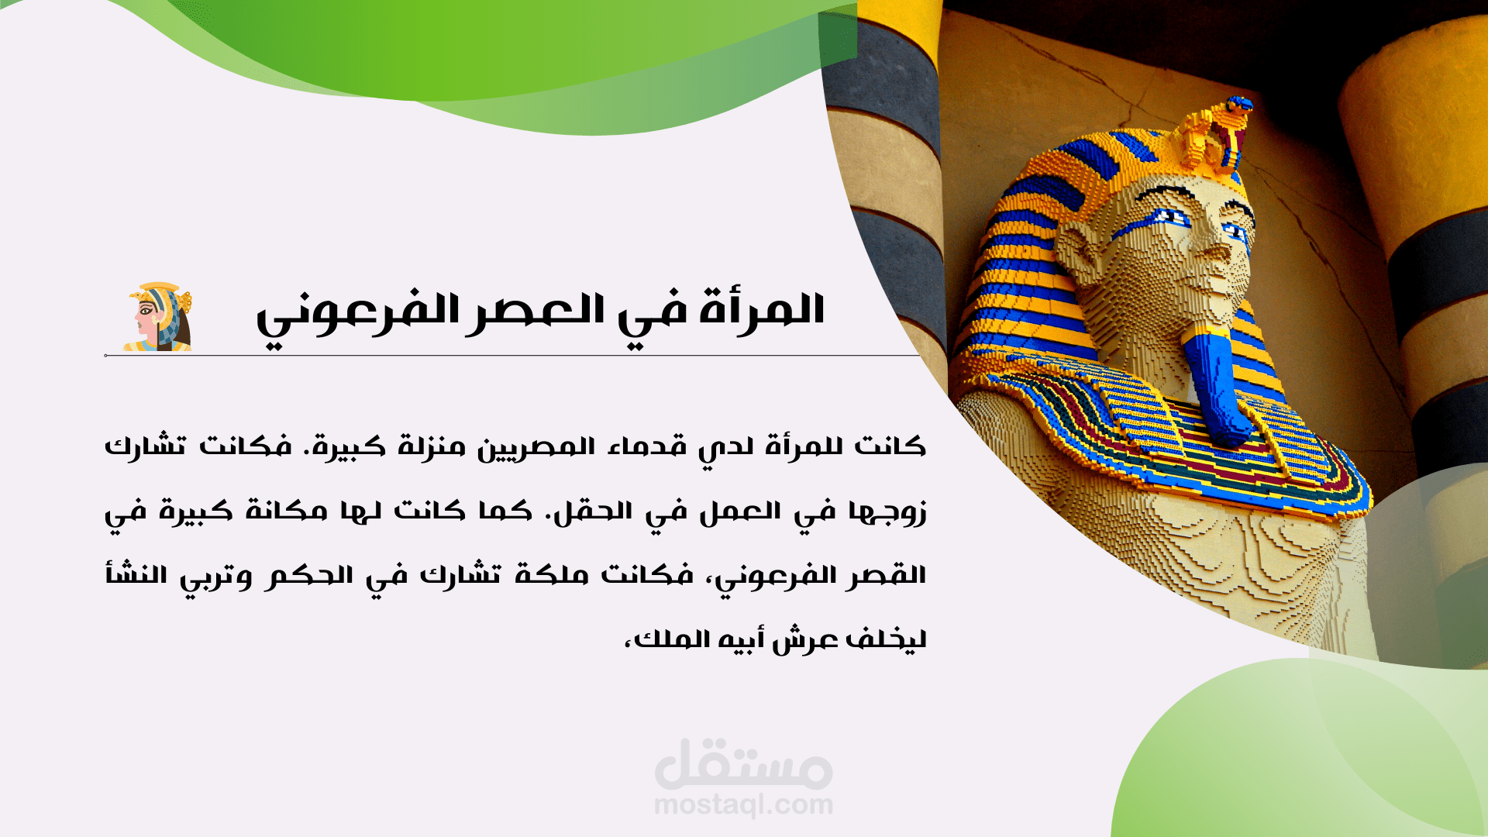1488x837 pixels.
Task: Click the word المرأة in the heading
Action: coord(762,311)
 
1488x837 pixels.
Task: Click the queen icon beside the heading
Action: coord(158,317)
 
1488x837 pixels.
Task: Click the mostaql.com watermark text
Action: coord(743,805)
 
